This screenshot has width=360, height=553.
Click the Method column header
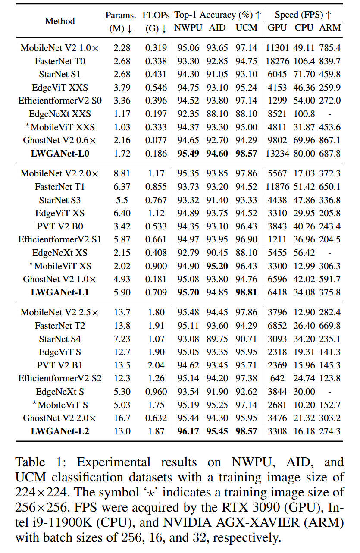click(x=59, y=21)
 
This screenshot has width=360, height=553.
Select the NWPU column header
click(x=188, y=28)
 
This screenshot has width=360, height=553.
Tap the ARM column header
click(x=330, y=28)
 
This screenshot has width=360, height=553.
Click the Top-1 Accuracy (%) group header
click(x=217, y=15)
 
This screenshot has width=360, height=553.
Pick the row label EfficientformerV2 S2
click(x=60, y=378)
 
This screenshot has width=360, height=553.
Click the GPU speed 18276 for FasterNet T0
click(x=277, y=61)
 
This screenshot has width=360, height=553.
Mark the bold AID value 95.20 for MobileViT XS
click(x=217, y=266)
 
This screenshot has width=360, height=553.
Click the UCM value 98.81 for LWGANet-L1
click(x=247, y=292)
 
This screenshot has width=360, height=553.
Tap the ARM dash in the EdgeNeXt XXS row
click(x=330, y=114)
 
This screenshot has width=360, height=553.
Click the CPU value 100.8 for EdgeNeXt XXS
click(x=304, y=114)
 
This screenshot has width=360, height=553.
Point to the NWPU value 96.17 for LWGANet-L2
click(x=188, y=431)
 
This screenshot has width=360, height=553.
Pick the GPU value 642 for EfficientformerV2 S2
click(x=277, y=378)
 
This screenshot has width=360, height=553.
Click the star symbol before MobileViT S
click(x=34, y=403)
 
